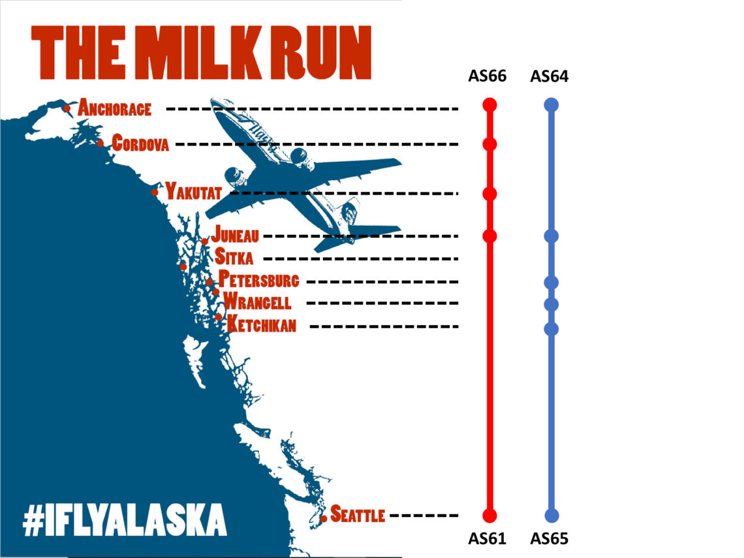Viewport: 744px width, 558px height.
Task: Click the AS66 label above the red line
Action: (x=488, y=77)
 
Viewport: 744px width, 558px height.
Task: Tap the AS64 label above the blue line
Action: (x=550, y=77)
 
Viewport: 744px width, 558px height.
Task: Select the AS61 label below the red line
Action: (x=488, y=539)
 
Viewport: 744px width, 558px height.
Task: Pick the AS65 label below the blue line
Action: (x=550, y=539)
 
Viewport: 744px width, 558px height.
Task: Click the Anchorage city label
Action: (x=115, y=108)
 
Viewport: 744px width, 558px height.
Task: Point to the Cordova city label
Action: (x=140, y=143)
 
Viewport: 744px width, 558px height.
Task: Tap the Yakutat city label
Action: (x=194, y=192)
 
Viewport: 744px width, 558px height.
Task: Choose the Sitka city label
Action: (x=234, y=257)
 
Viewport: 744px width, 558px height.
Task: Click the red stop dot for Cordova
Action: (x=490, y=144)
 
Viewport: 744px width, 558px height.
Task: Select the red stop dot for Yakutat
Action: (x=490, y=194)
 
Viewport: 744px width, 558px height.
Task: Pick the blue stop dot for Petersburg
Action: (x=551, y=283)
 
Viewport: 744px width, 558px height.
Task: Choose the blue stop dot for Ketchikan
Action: (x=551, y=328)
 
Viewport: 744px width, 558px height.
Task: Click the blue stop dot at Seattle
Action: (x=551, y=515)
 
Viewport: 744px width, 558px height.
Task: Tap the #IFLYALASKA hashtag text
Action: (x=124, y=520)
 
